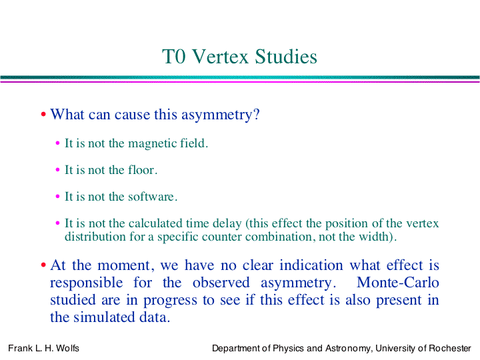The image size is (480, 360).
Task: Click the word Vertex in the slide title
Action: (x=221, y=57)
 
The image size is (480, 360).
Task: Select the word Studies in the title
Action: (x=286, y=57)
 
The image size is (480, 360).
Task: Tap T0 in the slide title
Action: (x=174, y=57)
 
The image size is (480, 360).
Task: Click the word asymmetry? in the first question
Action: (x=221, y=115)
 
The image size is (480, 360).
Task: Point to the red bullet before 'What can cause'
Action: (x=43, y=114)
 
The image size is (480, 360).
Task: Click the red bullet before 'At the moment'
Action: (x=43, y=265)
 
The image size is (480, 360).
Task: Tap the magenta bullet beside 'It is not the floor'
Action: (x=57, y=169)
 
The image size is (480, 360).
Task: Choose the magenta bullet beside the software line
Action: (x=57, y=196)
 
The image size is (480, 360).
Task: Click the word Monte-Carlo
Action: (x=397, y=282)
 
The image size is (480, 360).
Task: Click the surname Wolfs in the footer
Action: (x=67, y=349)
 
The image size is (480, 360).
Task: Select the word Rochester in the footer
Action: (x=450, y=349)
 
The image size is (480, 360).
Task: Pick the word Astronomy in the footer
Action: (x=349, y=349)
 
